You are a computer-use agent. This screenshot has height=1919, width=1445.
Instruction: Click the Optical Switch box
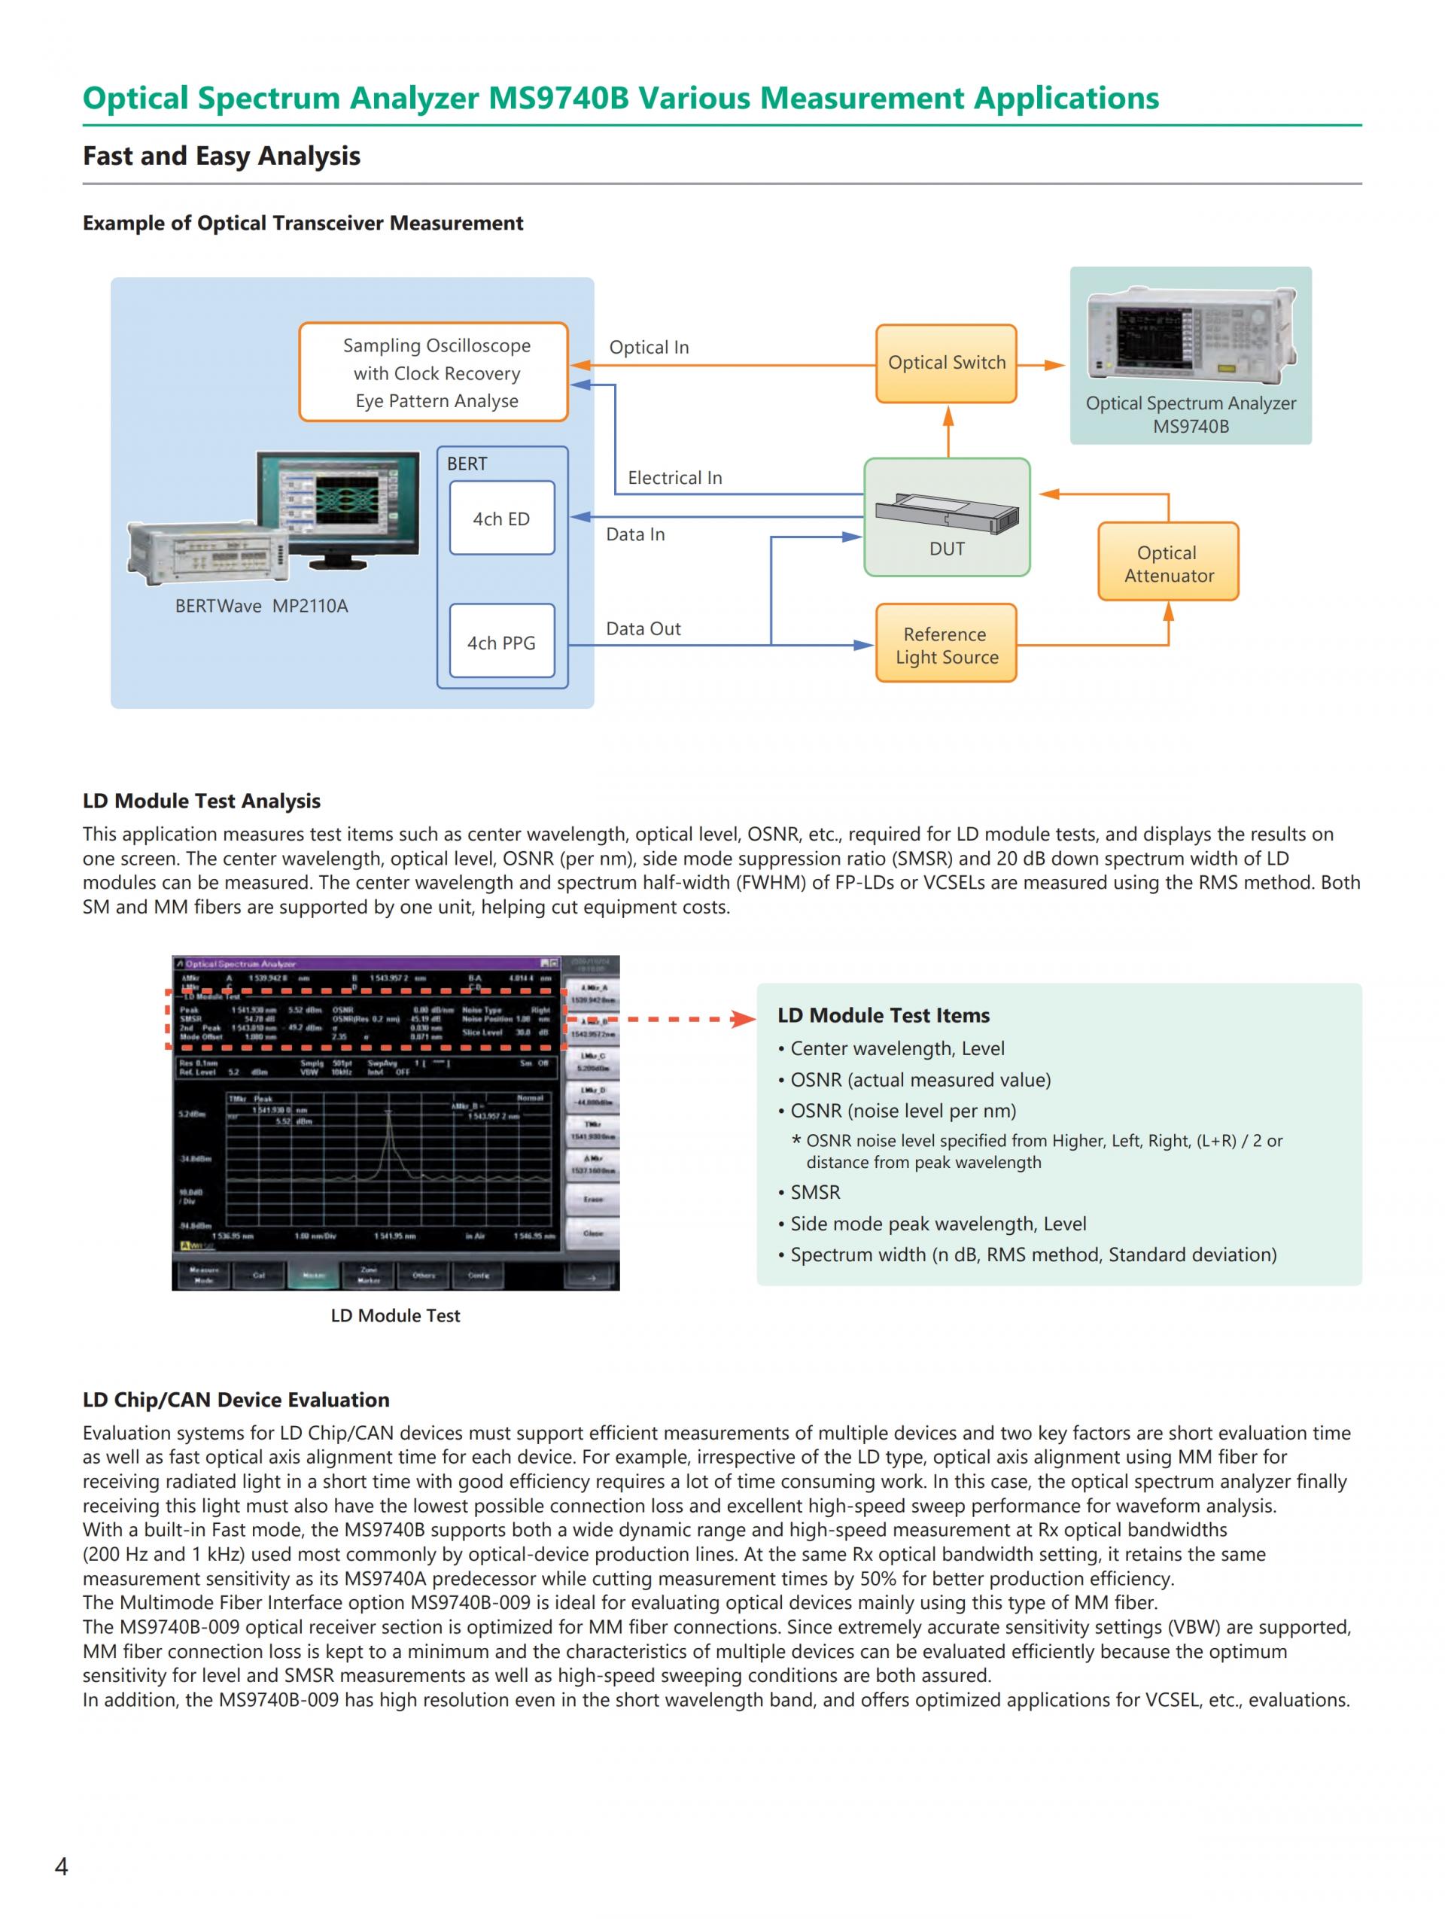(945, 363)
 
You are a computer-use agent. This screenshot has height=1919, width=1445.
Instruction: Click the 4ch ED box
(501, 519)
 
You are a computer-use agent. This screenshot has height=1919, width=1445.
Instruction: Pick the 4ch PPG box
(501, 642)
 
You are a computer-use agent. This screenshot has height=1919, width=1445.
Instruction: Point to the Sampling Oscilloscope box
(433, 373)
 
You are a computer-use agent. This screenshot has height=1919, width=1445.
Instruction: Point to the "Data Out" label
(643, 629)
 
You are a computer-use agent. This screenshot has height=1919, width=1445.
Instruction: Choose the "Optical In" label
(649, 348)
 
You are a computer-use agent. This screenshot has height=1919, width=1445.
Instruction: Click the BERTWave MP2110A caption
(261, 607)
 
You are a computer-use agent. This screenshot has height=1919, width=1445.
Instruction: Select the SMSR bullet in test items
(814, 1192)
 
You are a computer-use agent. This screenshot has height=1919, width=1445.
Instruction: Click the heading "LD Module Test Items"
(883, 1015)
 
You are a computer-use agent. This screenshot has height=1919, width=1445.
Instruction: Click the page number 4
(61, 1866)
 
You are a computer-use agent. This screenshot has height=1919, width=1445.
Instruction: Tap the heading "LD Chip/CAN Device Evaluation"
(236, 1399)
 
